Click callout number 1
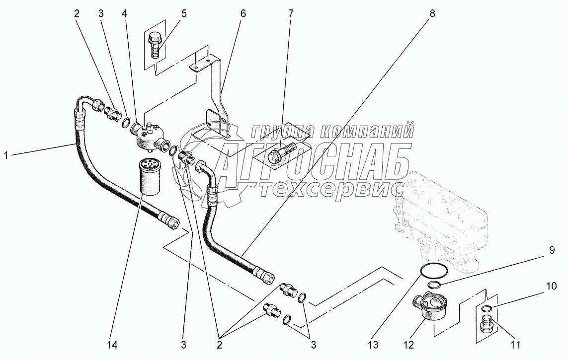coord(6,155)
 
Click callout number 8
coord(432,13)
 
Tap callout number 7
coord(291,13)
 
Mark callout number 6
coord(243,13)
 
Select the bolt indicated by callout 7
coord(281,151)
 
